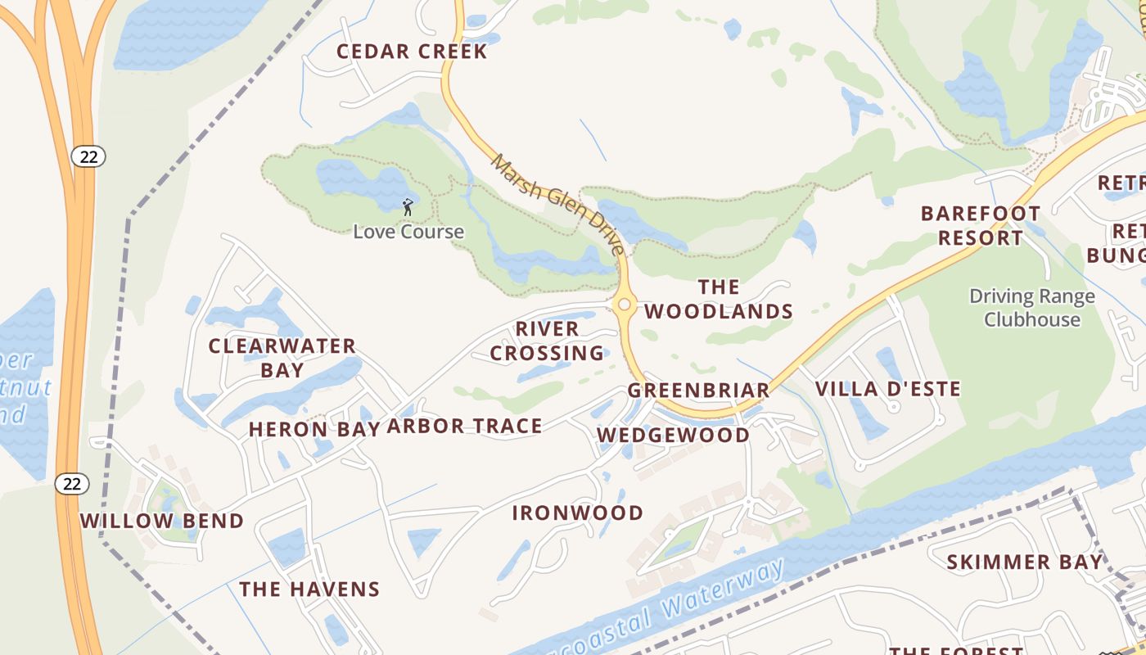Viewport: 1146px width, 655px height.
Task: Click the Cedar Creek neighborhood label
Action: tap(412, 52)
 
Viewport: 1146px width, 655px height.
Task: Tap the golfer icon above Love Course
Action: tap(408, 207)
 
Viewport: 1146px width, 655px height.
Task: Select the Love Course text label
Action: tap(408, 232)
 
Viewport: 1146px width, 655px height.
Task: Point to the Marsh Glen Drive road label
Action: tap(558, 204)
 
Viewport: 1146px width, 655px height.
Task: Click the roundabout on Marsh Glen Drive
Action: tap(624, 305)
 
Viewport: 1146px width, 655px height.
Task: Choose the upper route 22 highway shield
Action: tap(88, 156)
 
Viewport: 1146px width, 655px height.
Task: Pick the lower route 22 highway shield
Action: tap(72, 484)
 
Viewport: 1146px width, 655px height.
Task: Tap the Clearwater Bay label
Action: tap(282, 358)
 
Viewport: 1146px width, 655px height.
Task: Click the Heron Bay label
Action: tap(314, 429)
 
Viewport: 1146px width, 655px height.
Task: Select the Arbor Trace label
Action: tap(464, 426)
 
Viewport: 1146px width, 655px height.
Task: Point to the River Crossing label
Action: tap(547, 341)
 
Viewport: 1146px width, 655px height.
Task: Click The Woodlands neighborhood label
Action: tap(719, 299)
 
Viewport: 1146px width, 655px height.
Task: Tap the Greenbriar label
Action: tap(699, 391)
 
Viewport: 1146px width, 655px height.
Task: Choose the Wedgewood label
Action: tap(673, 436)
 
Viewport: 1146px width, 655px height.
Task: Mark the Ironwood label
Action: tap(578, 513)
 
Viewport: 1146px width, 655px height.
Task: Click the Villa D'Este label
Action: tap(888, 389)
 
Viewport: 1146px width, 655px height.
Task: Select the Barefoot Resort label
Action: tap(981, 226)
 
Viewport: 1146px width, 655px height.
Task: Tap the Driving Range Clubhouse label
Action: tap(1032, 308)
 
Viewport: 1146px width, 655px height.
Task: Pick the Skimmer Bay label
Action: tap(1025, 562)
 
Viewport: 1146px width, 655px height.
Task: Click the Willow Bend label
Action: tap(162, 521)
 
